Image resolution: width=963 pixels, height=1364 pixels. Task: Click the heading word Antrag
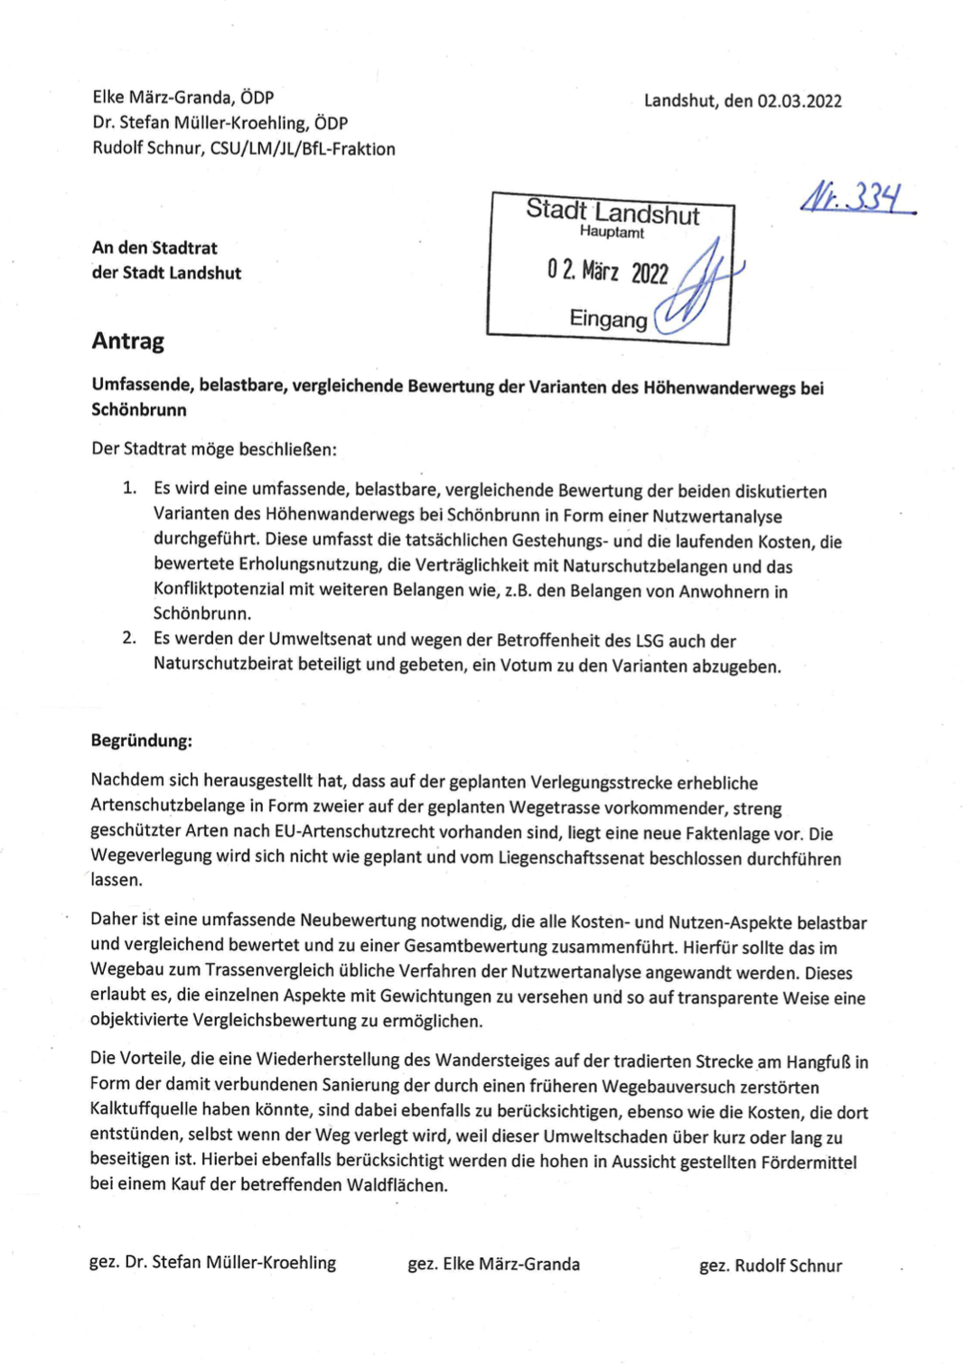pyautogui.click(x=127, y=341)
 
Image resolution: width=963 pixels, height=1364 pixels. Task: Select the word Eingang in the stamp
pyautogui.click(x=608, y=319)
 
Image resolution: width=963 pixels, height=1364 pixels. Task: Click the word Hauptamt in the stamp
pyautogui.click(x=612, y=232)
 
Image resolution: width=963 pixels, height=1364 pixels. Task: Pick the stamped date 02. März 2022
pyautogui.click(x=607, y=271)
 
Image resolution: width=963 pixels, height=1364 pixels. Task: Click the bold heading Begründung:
pyautogui.click(x=141, y=741)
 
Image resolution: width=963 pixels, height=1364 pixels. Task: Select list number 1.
pyautogui.click(x=129, y=489)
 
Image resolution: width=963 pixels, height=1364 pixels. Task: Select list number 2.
pyautogui.click(x=129, y=639)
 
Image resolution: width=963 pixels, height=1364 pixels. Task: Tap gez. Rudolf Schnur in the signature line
pyautogui.click(x=770, y=1266)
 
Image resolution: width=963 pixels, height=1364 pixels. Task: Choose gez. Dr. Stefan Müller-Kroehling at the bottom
pyautogui.click(x=212, y=1262)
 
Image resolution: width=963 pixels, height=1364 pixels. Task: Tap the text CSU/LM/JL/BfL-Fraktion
pyautogui.click(x=303, y=149)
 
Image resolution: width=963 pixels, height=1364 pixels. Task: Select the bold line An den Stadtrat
pyautogui.click(x=154, y=248)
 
